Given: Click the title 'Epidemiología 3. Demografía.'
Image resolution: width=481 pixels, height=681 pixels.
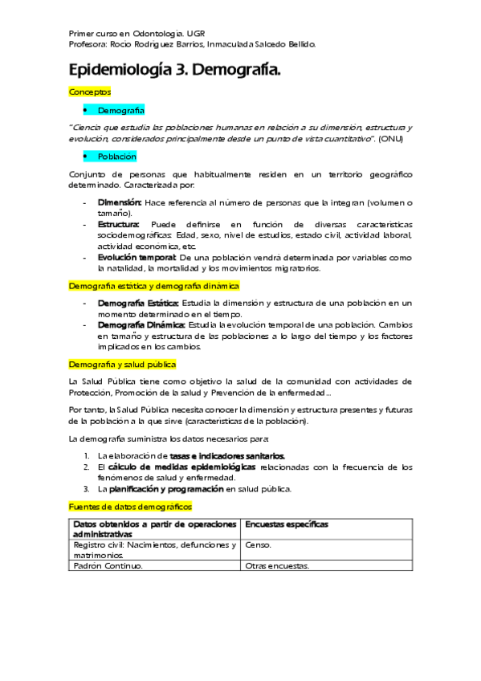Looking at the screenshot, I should point(175,71).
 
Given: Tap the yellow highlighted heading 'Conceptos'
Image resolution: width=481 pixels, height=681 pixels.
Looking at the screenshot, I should point(90,92).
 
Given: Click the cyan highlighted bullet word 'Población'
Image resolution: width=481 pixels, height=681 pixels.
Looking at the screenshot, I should point(117,157).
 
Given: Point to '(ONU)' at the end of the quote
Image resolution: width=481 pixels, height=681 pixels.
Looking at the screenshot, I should point(391,139).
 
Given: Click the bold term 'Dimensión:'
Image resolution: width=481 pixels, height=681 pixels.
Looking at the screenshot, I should point(120,202).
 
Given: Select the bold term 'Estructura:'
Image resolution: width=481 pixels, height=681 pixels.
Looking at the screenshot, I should point(119,223).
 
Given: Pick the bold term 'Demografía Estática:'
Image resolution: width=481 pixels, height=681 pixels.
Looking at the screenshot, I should point(138,303).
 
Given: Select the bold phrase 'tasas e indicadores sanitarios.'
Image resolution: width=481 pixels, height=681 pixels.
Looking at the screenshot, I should point(227,455).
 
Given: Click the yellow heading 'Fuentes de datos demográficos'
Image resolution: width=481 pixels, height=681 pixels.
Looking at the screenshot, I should point(131,508).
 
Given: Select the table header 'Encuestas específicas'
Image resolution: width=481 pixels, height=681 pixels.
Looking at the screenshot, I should point(287,524).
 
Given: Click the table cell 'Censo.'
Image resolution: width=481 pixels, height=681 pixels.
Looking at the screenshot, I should point(259,544).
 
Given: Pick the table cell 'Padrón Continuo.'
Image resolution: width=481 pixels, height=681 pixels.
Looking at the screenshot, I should point(108,565).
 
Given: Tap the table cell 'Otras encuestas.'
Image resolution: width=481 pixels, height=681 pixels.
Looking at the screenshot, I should point(277,565).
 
